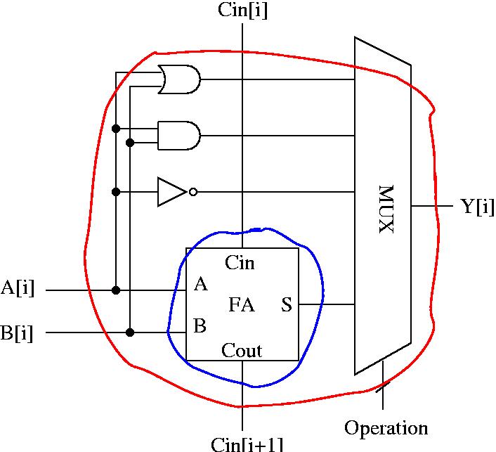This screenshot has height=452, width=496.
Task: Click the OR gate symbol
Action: pyautogui.click(x=179, y=79)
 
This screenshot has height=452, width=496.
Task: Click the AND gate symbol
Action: pyautogui.click(x=179, y=136)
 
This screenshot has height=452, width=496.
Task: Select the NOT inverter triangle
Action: pyautogui.click(x=172, y=192)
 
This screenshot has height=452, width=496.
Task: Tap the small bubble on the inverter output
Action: pyautogui.click(x=193, y=192)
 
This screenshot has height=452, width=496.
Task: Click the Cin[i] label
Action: pyautogui.click(x=242, y=10)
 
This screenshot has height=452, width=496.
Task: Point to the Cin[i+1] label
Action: pyautogui.click(x=247, y=444)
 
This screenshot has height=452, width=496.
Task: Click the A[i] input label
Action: pyautogui.click(x=18, y=289)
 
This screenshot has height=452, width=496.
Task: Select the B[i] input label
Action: pyautogui.click(x=16, y=333)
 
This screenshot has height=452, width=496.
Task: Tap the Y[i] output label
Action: pyautogui.click(x=477, y=207)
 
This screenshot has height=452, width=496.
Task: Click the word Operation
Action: pyautogui.click(x=386, y=429)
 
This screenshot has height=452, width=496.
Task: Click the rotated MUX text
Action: pyautogui.click(x=386, y=209)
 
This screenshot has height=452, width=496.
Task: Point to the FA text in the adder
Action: pyautogui.click(x=242, y=305)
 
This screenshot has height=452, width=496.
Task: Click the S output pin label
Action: pyautogui.click(x=287, y=305)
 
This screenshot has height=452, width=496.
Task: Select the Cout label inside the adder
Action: pyautogui.click(x=242, y=350)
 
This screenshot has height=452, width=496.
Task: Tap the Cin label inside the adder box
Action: pyautogui.click(x=240, y=263)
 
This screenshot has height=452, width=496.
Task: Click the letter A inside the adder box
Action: pyautogui.click(x=201, y=284)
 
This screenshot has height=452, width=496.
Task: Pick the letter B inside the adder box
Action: pyautogui.click(x=200, y=325)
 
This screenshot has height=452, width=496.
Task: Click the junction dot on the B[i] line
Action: pyautogui.click(x=130, y=332)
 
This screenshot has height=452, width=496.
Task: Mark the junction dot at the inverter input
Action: pyautogui.click(x=116, y=192)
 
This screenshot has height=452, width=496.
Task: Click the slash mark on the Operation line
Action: pyautogui.click(x=383, y=387)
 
